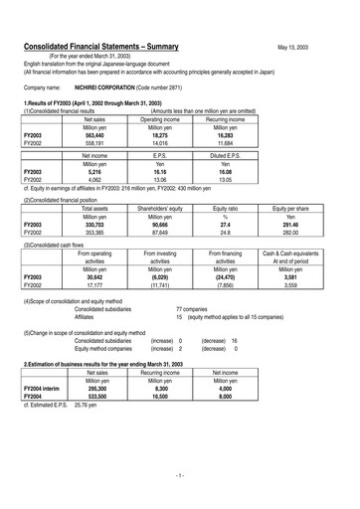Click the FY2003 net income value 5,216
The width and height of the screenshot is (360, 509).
tap(95, 172)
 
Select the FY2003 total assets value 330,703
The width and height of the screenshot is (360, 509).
tap(95, 226)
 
